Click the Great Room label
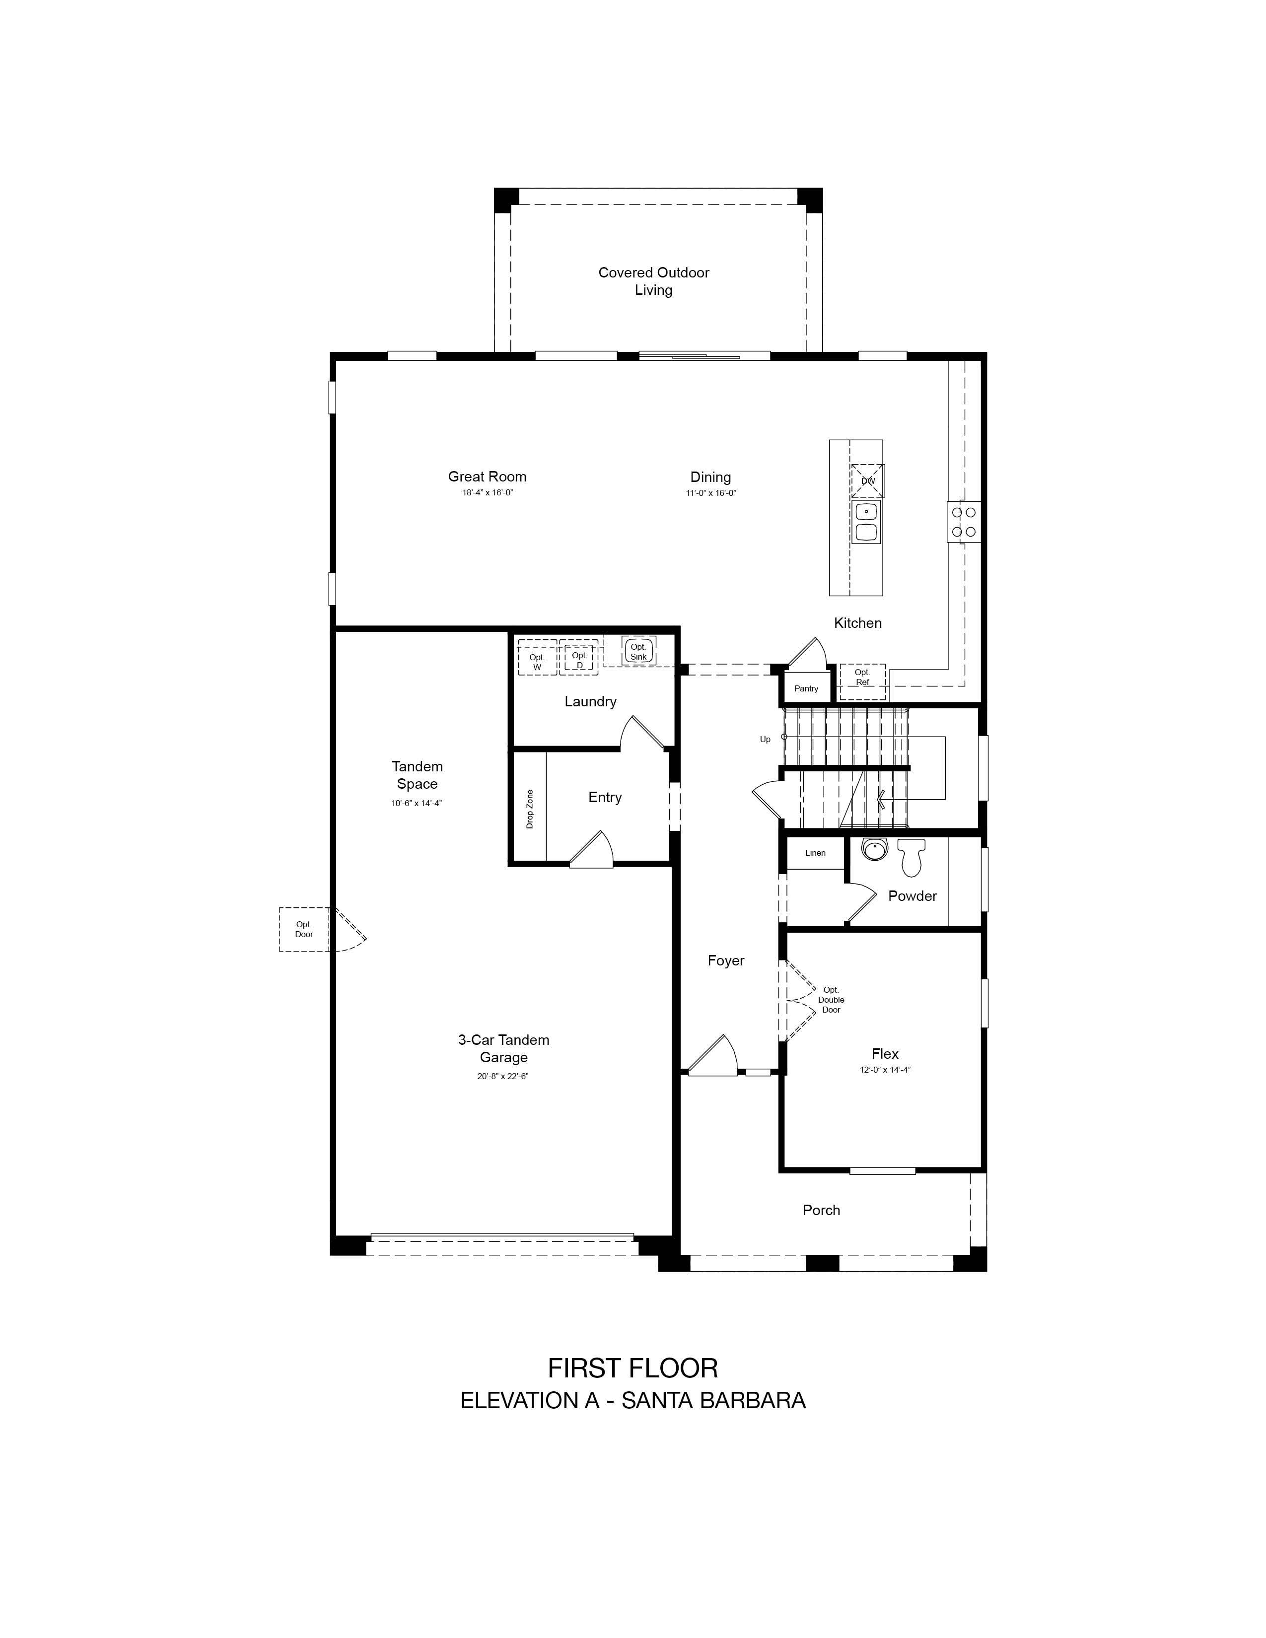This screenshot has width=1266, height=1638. point(488,476)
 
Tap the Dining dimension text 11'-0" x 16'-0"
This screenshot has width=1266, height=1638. point(710,493)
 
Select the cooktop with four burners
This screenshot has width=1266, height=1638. point(963,521)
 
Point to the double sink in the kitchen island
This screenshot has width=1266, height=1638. point(866,523)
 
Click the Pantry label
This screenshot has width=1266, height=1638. point(806,688)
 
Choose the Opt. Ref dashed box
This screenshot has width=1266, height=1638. point(862,681)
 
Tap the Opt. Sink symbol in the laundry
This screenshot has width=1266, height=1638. point(638,650)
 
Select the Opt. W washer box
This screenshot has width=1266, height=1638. point(537,658)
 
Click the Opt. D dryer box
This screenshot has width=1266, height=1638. point(579,658)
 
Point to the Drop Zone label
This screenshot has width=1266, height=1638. point(530,809)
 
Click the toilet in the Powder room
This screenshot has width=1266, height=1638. point(911,857)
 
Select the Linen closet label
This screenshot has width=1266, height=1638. point(815,853)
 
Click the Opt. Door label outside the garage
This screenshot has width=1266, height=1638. point(304,929)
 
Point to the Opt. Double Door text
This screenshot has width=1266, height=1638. point(831,1000)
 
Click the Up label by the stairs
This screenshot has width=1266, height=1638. point(765,740)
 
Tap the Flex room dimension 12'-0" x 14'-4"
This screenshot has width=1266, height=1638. point(885,1070)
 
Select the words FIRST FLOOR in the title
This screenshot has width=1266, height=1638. point(633,1369)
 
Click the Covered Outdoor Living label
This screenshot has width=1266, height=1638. point(654,281)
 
